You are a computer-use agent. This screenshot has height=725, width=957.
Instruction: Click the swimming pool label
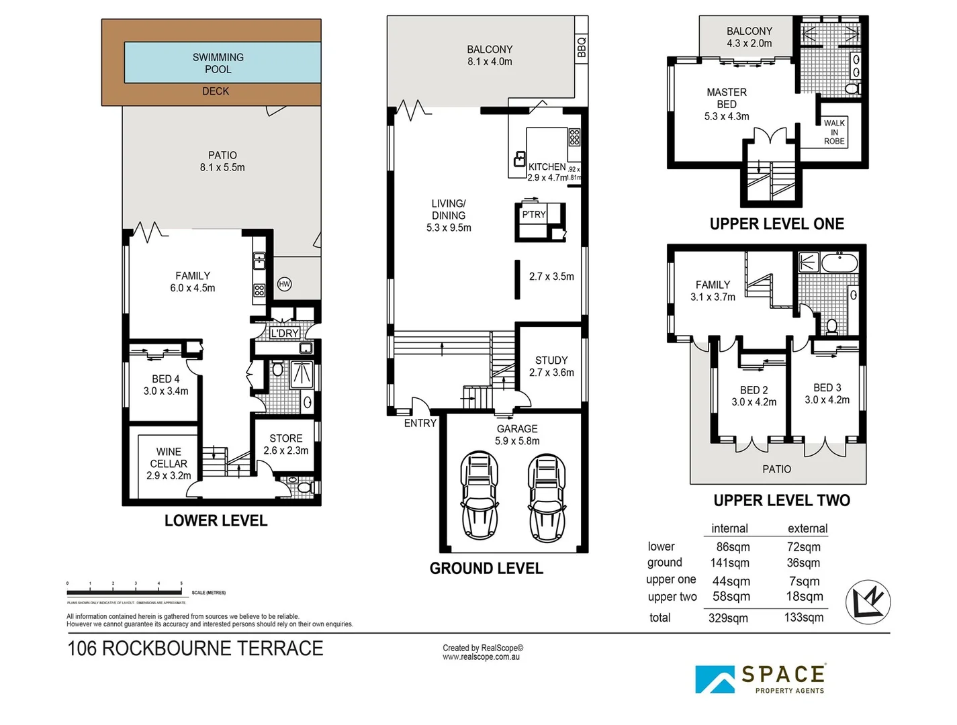coord(218,63)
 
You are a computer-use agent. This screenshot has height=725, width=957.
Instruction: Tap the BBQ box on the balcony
coord(582,47)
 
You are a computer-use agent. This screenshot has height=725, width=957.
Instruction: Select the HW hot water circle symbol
coord(284,284)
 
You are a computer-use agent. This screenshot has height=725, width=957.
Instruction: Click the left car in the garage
coord(480,496)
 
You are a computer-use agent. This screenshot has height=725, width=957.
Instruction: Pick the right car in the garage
coord(547,497)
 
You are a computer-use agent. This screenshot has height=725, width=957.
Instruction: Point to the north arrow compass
coord(868,601)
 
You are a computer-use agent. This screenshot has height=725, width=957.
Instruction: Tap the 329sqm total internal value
coord(728,618)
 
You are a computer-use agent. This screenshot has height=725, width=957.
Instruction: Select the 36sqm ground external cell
coord(804,563)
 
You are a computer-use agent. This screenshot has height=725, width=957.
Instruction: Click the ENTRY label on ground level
coord(420,423)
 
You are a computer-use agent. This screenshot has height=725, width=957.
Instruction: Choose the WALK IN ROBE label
coord(834,132)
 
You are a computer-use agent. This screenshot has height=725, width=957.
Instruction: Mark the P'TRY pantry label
coord(534,215)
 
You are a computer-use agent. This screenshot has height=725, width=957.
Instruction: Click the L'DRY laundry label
coord(285,333)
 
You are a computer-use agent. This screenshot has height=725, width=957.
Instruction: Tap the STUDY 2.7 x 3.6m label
coord(551,367)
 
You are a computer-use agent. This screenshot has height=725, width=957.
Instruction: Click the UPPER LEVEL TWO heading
coord(782,501)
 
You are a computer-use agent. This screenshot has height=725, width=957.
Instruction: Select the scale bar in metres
coord(124,592)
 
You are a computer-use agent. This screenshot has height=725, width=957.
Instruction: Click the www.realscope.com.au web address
coord(481,657)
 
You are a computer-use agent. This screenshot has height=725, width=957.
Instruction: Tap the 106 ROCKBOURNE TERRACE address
coord(195,648)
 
